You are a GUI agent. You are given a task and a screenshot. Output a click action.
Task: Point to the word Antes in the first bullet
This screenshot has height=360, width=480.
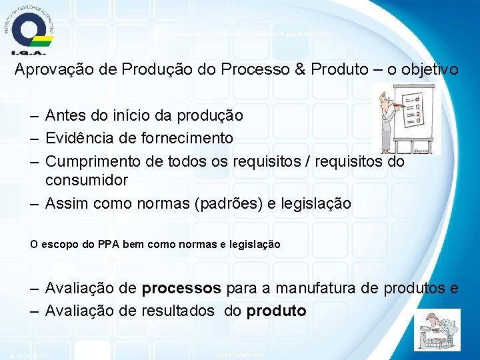pos(65,115)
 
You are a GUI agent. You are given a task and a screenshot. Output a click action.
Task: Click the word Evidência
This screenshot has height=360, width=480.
pos(78,138)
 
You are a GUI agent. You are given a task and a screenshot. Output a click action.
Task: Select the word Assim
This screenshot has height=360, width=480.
pos(65,203)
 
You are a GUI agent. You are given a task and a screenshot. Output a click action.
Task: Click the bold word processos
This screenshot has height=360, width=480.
pos(181,289)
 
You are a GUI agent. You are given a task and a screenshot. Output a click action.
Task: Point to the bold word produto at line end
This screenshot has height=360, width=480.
pos(276,311)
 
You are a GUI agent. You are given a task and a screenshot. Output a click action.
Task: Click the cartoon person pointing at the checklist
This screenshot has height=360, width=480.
pos(387,119)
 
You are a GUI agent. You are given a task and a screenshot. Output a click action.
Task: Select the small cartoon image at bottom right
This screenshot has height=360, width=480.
pos(437,329)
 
